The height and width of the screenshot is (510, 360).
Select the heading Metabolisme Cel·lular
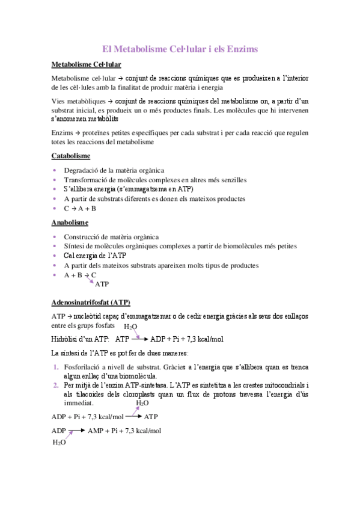(x=87, y=64)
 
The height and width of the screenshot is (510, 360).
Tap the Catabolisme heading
(x=71, y=156)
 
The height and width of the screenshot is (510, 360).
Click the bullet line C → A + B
(x=79, y=208)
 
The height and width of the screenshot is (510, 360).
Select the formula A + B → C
(x=80, y=275)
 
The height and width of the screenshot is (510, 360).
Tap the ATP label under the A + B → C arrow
(x=102, y=284)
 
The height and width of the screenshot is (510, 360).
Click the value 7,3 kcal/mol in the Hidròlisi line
(x=203, y=339)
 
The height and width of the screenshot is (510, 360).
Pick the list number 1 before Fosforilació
(x=55, y=367)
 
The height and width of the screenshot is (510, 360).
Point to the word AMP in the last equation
(x=96, y=431)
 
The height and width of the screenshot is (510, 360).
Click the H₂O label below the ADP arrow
(x=59, y=443)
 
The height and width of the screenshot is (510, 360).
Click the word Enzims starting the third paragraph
(x=62, y=132)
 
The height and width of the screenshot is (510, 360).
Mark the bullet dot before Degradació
(x=55, y=170)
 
